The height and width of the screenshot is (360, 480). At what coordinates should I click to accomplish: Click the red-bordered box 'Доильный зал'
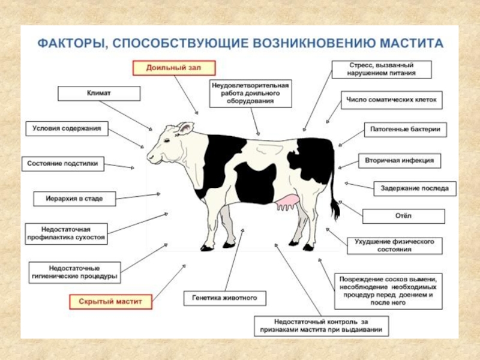tap(174, 68)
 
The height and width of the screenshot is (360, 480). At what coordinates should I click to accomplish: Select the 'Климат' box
tap(99, 94)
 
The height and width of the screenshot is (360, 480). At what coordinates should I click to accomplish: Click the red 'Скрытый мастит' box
tap(111, 301)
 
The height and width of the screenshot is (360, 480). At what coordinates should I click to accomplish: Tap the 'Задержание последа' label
tap(411, 188)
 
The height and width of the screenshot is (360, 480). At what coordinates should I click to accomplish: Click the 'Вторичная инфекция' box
tap(400, 161)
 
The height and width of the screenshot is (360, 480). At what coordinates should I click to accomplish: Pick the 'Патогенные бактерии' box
tap(406, 130)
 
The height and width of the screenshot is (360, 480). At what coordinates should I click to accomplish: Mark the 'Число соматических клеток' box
tap(392, 100)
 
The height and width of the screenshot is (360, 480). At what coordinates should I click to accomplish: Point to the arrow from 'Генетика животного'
tap(231, 260)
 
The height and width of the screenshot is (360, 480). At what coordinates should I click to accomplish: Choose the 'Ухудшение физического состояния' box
tap(394, 245)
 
